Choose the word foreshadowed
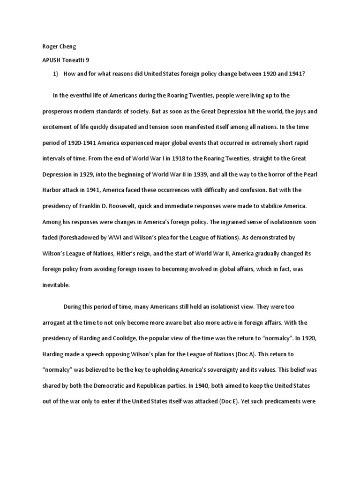point(77,237)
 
